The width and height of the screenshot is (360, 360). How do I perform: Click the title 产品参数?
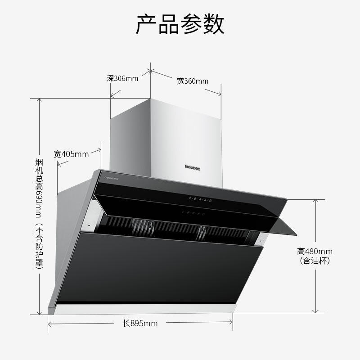[180, 24]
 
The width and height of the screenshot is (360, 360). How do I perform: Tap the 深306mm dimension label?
[122, 78]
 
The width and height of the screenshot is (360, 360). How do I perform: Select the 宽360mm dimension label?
[193, 81]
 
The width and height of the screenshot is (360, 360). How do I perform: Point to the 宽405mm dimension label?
[71, 154]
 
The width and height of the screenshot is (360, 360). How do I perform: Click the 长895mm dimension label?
[140, 323]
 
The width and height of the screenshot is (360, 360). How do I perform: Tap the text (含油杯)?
[315, 261]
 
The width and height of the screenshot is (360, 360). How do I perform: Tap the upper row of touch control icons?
[201, 199]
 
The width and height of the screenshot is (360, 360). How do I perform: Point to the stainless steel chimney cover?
[180, 135]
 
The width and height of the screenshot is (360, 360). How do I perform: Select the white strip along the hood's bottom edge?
[144, 310]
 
